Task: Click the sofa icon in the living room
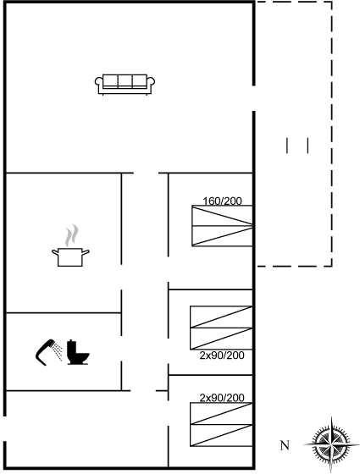click(125, 85)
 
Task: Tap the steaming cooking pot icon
click(70, 245)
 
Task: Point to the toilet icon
click(78, 352)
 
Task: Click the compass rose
click(332, 444)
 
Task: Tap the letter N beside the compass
click(285, 445)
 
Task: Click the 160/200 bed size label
click(222, 201)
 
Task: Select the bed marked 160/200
click(222, 226)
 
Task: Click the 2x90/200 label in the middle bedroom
click(222, 355)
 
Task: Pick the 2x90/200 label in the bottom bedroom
click(222, 398)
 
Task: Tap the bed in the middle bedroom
click(221, 328)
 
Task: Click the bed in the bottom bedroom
click(221, 424)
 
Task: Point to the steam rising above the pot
click(72, 235)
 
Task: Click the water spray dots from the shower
click(57, 352)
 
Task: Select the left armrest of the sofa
click(98, 85)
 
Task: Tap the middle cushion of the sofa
click(125, 81)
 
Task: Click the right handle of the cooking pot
click(86, 252)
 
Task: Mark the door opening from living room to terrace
click(254, 98)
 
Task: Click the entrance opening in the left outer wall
click(5, 428)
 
